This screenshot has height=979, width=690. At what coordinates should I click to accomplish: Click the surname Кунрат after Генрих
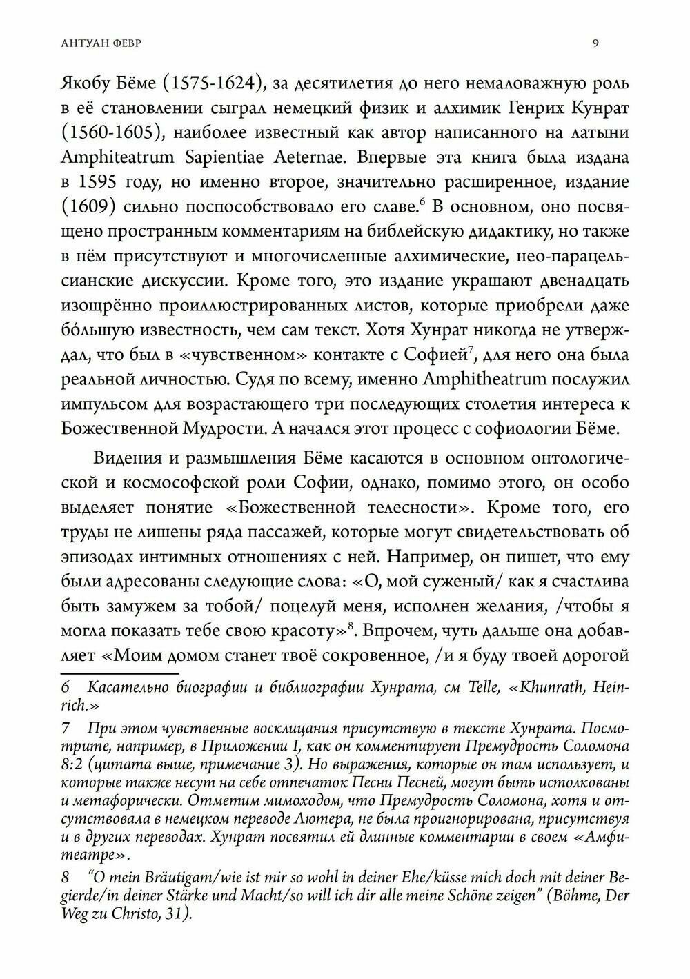point(590,108)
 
